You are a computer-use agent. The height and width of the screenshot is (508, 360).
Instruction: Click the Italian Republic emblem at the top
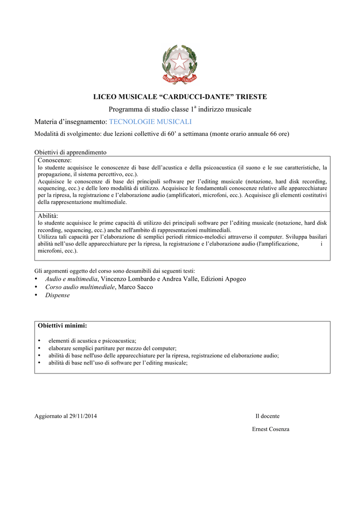pos(180,64)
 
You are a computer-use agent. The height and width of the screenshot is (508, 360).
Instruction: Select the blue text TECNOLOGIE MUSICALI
pos(150,122)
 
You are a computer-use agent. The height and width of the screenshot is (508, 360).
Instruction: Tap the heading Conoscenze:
pos(55,160)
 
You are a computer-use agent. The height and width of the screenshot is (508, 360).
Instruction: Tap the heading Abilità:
pos(48,216)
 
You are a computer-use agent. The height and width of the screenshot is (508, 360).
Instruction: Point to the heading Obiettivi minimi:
pos(63,325)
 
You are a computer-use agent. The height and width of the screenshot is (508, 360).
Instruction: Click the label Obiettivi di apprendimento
pos(71,152)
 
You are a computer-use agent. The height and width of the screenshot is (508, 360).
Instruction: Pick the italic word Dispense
pos(58,295)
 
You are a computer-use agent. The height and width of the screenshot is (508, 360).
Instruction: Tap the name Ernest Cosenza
pos(271,429)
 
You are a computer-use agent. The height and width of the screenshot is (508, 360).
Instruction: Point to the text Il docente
pos(267,416)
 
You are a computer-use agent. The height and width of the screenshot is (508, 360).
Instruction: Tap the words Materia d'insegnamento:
pos(71,122)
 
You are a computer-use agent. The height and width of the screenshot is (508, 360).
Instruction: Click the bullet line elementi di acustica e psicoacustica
pos(92,341)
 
